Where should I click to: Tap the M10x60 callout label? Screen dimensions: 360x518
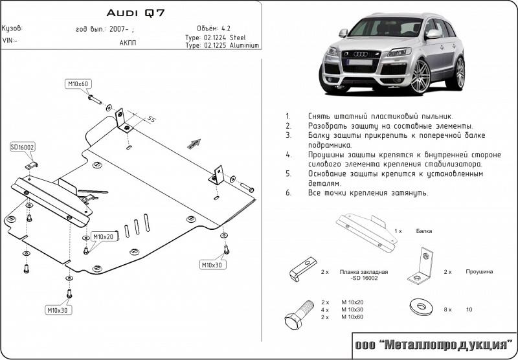[78, 84]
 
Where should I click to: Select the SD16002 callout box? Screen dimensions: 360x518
[22, 148]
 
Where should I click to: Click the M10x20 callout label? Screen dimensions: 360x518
[102, 237]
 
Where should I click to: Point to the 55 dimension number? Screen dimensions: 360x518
[152, 118]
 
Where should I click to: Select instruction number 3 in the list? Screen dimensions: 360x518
[288, 136]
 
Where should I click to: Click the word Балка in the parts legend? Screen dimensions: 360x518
[424, 231]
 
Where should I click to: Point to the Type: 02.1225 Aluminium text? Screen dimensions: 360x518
[222, 46]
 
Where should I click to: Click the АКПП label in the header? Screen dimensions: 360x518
[128, 43]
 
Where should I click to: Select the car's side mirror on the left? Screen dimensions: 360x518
[343, 32]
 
